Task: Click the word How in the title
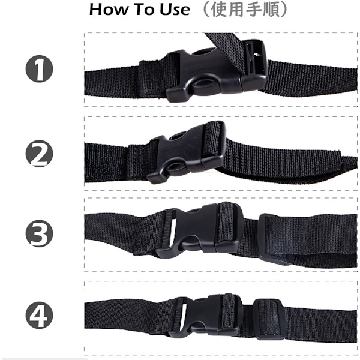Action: click(x=107, y=10)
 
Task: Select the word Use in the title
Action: click(x=175, y=10)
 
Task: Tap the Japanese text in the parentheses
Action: click(x=245, y=10)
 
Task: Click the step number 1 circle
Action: click(x=39, y=68)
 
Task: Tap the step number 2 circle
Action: click(x=39, y=154)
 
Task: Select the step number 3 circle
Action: click(x=39, y=233)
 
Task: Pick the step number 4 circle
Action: click(x=39, y=315)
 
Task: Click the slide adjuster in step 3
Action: click(x=273, y=239)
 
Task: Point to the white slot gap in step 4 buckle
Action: click(x=183, y=316)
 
